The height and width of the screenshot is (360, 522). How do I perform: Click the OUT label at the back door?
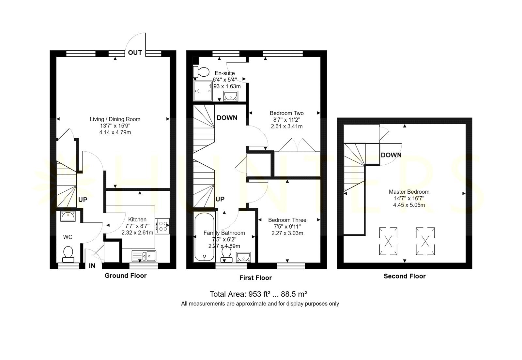pos(135,52)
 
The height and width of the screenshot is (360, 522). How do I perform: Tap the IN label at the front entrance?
pos(92,266)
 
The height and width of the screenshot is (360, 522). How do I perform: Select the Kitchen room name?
pos(137,219)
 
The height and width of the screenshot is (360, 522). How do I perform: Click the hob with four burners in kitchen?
pos(162,226)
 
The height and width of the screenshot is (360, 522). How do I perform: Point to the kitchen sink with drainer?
pos(144,256)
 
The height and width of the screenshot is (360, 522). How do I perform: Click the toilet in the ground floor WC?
pos(68,254)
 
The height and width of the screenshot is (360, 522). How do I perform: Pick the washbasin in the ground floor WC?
pos(68,216)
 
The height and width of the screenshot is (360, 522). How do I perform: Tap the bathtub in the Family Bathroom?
pos(204,237)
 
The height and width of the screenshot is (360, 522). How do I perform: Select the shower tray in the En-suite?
pos(203,91)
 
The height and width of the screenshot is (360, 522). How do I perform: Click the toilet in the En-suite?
pos(201,72)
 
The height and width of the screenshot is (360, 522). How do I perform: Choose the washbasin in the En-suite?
pos(230,96)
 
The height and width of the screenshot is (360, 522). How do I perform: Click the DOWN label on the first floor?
pos(227,118)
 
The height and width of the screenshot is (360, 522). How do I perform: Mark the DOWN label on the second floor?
pos(391,155)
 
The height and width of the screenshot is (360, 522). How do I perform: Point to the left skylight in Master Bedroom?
pos(388,241)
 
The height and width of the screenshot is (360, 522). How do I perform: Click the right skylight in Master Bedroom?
pos(425,241)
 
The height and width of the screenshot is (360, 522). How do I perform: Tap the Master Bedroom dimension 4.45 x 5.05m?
pos(409,205)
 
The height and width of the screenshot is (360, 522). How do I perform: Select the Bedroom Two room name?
pos(287,113)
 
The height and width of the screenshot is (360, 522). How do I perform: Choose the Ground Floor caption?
pos(125,276)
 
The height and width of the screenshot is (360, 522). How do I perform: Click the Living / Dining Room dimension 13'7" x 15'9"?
pos(115,126)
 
